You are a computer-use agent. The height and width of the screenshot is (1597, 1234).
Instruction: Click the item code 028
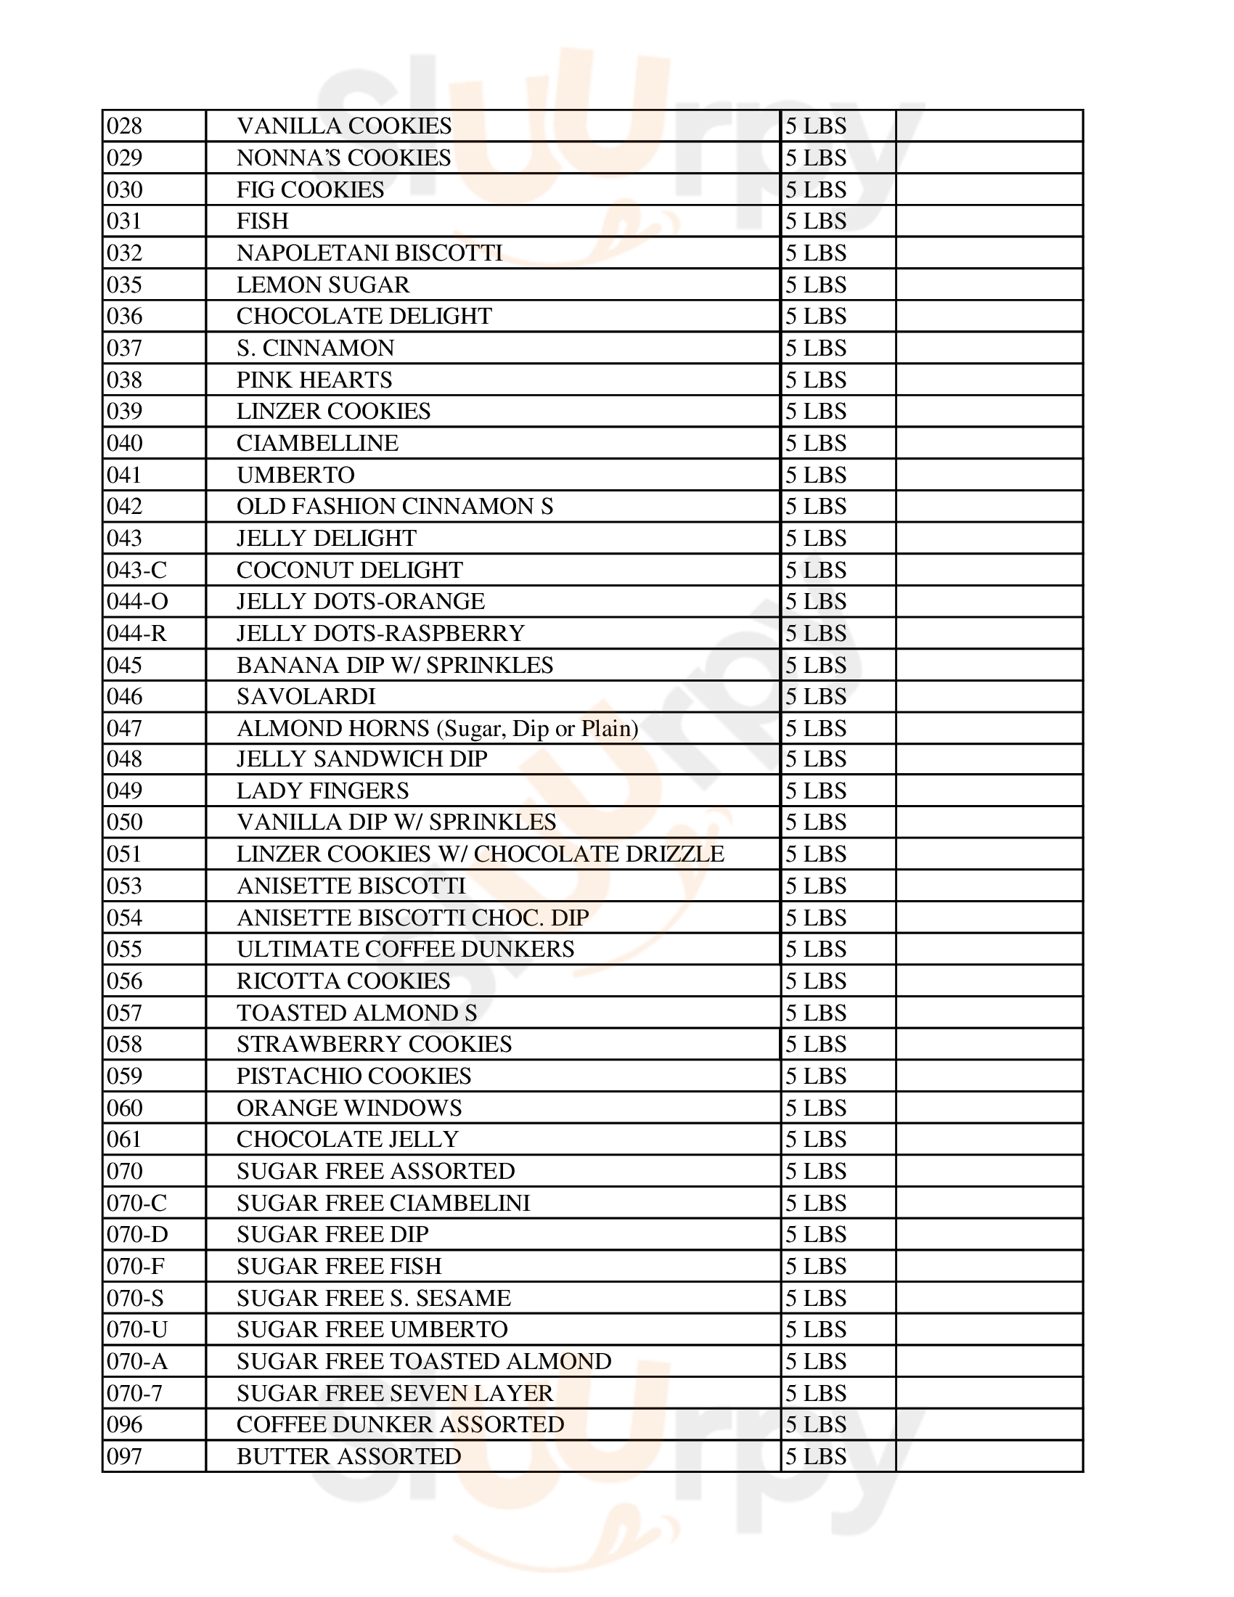click(124, 126)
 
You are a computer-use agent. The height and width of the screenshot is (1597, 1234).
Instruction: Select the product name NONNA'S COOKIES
click(343, 158)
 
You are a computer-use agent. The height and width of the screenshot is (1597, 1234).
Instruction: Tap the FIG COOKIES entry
click(310, 190)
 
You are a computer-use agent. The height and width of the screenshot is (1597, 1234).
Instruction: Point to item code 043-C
click(136, 571)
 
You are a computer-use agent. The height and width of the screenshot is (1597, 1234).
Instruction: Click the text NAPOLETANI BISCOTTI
click(369, 253)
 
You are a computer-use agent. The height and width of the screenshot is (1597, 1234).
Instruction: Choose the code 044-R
click(136, 633)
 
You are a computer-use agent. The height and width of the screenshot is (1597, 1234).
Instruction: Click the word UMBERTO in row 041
click(295, 475)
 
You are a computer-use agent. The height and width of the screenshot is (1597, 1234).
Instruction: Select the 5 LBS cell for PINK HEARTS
click(816, 380)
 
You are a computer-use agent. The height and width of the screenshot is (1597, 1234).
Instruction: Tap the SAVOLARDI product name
click(306, 697)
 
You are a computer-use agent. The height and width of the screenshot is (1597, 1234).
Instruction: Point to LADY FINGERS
click(322, 791)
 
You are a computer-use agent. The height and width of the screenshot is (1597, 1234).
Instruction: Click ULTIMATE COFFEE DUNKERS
click(405, 949)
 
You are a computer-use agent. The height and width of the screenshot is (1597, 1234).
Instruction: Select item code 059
click(124, 1077)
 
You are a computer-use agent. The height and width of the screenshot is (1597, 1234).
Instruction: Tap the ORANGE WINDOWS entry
click(348, 1108)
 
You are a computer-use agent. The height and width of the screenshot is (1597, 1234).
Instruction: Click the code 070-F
click(136, 1267)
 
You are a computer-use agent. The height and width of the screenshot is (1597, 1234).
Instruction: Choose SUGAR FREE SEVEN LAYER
click(395, 1393)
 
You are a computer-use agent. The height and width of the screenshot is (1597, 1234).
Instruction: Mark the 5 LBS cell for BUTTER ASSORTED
click(816, 1457)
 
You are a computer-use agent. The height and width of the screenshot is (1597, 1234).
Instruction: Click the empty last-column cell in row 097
click(989, 1457)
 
